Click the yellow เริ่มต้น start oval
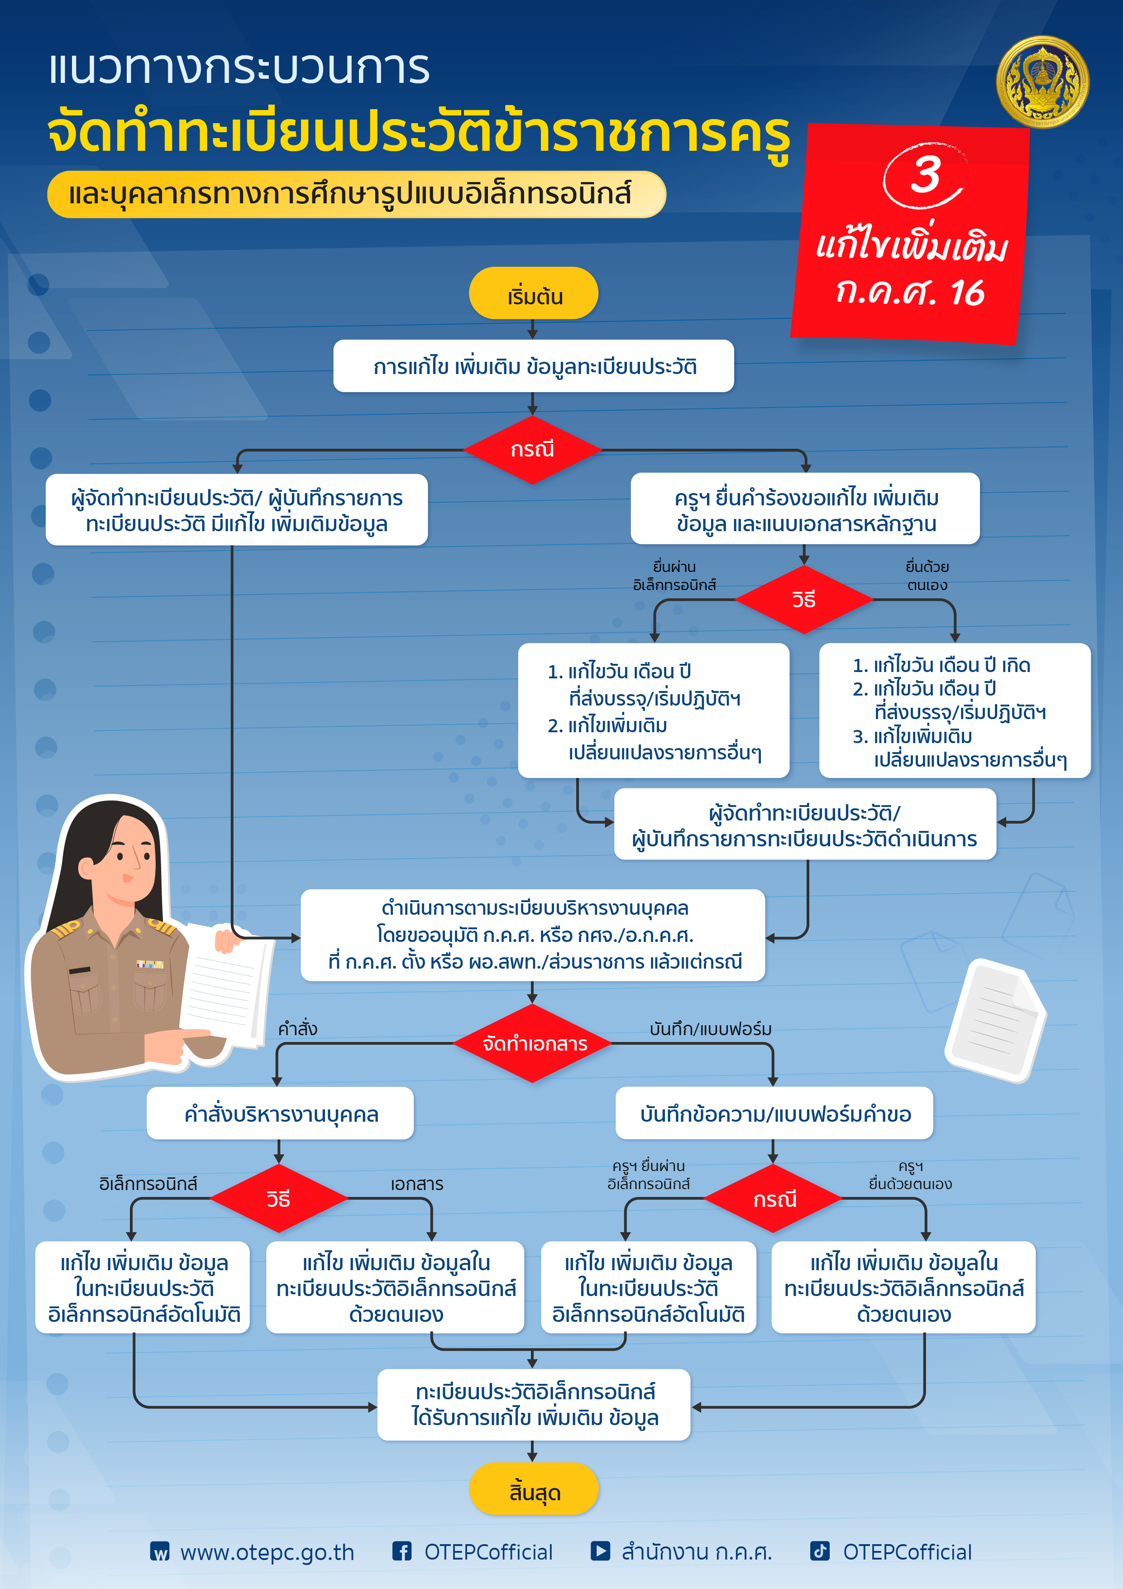point(534,293)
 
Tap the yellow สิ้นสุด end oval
point(534,1488)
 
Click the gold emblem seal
point(1042,82)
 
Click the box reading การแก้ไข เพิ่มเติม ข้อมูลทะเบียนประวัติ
point(534,366)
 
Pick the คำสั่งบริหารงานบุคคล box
point(280,1114)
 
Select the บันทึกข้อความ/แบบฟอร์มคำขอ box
point(774,1114)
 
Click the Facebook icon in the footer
point(402,1551)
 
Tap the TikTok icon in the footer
point(820,1551)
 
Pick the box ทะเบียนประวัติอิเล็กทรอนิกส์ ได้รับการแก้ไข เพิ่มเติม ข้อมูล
point(534,1405)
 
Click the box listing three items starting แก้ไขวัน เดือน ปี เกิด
point(955,711)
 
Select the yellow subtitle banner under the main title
point(356,194)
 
